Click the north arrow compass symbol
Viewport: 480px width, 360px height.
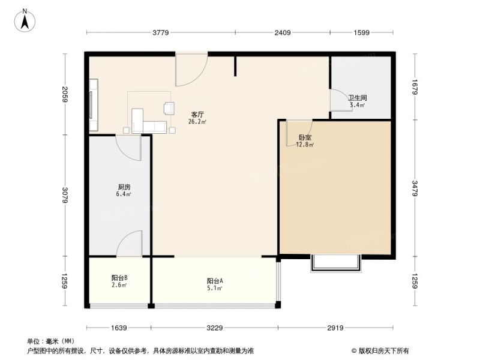point(25,20)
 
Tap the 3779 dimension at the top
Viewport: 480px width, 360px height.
point(161,32)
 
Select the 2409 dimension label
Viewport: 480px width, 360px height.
point(282,32)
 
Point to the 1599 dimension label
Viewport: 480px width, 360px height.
point(362,32)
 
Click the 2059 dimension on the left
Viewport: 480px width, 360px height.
point(65,94)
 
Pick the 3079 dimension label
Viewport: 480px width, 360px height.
point(65,196)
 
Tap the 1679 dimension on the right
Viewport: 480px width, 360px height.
point(415,87)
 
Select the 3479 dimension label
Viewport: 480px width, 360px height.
point(415,188)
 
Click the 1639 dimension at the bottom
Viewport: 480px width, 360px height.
point(119,328)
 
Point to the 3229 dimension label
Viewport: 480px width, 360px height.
point(214,328)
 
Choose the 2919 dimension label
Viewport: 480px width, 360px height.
point(335,328)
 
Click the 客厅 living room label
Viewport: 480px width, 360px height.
point(197,115)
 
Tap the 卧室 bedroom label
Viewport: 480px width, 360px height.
point(305,138)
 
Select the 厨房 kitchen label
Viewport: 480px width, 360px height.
point(124,187)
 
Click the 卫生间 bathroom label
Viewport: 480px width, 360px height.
point(357,98)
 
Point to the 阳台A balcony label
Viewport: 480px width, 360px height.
point(215,281)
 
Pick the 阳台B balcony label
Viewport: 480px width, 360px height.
point(119,278)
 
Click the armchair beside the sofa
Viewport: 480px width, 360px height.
point(169,108)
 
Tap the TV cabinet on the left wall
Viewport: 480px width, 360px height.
point(94,105)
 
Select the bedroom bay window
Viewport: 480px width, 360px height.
point(336,263)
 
